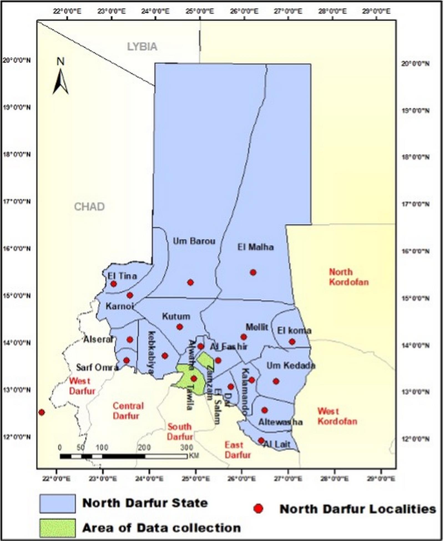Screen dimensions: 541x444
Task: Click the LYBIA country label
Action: tap(142, 47)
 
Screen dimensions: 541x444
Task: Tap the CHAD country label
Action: tap(89, 207)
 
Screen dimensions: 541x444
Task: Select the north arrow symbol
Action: tap(60, 80)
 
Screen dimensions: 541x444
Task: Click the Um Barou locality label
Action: tap(194, 241)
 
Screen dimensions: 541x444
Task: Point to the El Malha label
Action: tap(256, 247)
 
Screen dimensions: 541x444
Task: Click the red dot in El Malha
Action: tap(253, 272)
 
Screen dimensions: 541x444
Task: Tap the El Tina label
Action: tap(122, 276)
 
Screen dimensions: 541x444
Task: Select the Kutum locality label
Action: tap(176, 316)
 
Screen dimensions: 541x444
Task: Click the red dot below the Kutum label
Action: tap(180, 327)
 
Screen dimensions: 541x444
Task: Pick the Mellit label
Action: tap(257, 327)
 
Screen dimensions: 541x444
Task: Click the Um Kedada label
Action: tap(291, 366)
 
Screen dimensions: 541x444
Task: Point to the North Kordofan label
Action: tap(349, 277)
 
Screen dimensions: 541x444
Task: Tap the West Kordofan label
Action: tap(337, 416)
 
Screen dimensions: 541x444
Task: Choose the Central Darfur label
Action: tap(128, 411)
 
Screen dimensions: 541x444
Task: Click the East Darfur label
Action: tap(238, 450)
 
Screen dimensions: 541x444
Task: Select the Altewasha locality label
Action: tap(280, 422)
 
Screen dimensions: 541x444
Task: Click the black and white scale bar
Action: tap(123, 456)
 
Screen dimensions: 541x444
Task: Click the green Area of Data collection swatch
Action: tap(57, 528)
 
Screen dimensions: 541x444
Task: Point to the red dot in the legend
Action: tap(258, 509)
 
